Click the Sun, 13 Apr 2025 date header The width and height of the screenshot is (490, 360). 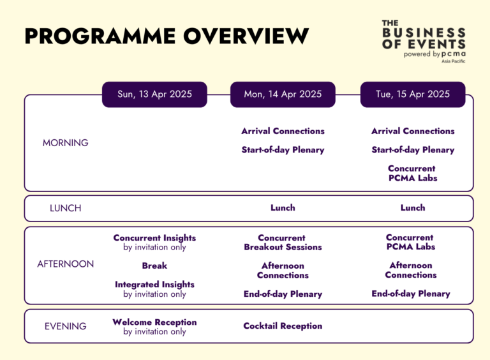[x=154, y=94]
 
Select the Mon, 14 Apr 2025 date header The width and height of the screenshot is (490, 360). [x=283, y=94]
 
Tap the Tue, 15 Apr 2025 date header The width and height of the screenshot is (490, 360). [x=413, y=94]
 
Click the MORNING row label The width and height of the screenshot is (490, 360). [x=65, y=143]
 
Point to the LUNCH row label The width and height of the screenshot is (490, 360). [x=65, y=208]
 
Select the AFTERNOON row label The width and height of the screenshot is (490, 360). [x=65, y=264]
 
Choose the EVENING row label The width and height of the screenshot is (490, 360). [x=65, y=326]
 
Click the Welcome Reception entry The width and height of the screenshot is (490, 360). [x=154, y=322]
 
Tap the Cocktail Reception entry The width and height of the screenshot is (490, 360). [x=283, y=326]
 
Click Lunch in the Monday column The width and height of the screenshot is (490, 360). [x=283, y=208]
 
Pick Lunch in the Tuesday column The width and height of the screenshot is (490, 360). [x=413, y=208]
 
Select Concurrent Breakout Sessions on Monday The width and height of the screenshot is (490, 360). [x=283, y=243]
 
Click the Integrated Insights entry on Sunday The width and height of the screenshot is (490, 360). [x=154, y=285]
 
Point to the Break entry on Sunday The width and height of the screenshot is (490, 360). [x=154, y=266]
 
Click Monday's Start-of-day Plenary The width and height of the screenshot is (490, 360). [x=283, y=151]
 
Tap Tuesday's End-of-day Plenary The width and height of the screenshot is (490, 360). [x=411, y=294]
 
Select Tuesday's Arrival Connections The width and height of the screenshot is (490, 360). [x=413, y=131]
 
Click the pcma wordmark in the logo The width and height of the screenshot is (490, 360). [x=450, y=54]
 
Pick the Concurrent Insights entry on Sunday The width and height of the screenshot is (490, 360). [x=154, y=238]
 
